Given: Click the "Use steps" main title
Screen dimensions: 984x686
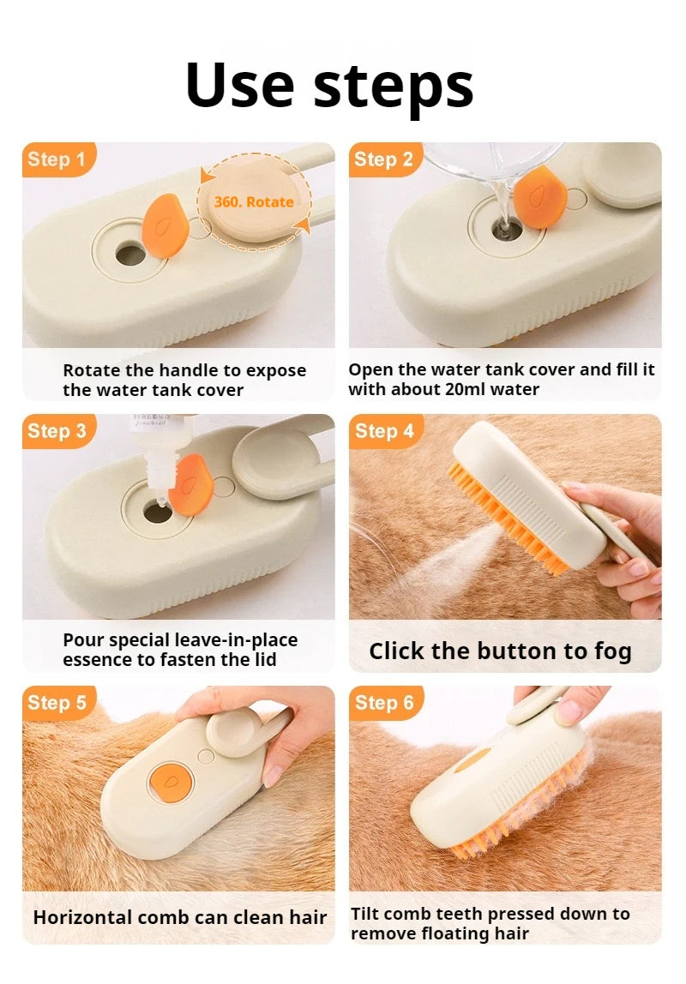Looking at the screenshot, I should [x=329, y=85].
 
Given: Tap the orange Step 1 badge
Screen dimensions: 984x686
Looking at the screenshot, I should [x=57, y=159].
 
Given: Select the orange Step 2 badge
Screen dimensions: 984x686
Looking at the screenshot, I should [x=383, y=159].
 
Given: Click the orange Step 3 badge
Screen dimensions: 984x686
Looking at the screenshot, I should [x=57, y=431].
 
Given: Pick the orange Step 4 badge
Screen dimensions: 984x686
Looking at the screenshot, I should [x=383, y=431].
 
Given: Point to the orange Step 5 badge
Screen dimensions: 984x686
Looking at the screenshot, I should [x=57, y=703].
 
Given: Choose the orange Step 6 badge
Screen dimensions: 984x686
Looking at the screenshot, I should [x=383, y=703].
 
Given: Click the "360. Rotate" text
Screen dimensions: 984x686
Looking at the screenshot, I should [x=254, y=202].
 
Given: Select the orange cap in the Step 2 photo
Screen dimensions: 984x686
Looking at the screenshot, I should [x=539, y=198].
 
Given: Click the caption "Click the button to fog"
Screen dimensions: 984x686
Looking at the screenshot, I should [x=500, y=651].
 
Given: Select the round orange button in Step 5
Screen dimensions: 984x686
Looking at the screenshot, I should [x=165, y=781].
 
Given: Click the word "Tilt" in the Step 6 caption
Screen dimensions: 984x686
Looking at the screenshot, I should [x=365, y=915].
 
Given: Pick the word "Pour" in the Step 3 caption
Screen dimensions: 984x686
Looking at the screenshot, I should [x=83, y=640].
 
